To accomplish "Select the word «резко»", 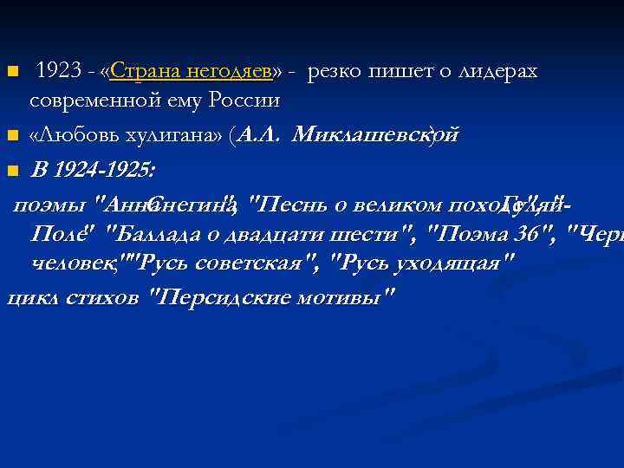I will tap(335, 72).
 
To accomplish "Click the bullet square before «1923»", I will tap(12, 72).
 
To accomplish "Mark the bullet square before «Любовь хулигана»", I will tap(12, 136).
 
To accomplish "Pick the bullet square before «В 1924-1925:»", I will tap(12, 171).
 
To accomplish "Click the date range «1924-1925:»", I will tap(104, 170).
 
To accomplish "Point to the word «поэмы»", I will tap(51, 205).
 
